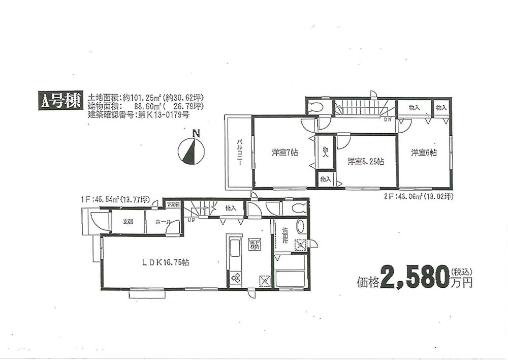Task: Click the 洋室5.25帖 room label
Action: coord(365,162)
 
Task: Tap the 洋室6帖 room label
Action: coord(423,153)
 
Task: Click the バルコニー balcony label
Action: coord(238,151)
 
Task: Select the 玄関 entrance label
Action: coord(127,222)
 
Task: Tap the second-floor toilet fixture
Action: coord(316,107)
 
